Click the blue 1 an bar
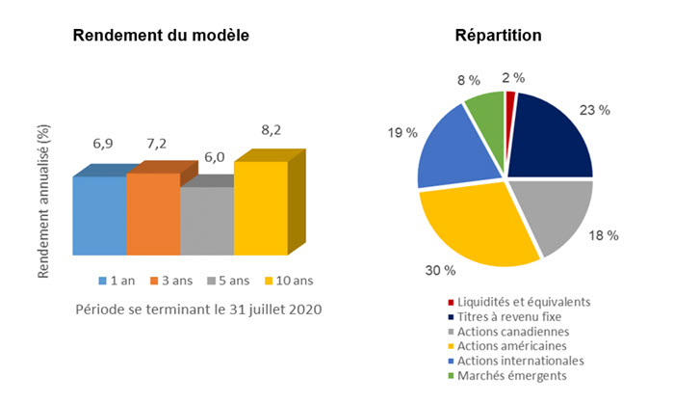click(x=99, y=216)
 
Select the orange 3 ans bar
click(x=153, y=214)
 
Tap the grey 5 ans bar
click(x=207, y=221)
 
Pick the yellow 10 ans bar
click(x=261, y=207)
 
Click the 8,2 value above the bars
click(x=272, y=127)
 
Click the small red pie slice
click(x=511, y=97)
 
